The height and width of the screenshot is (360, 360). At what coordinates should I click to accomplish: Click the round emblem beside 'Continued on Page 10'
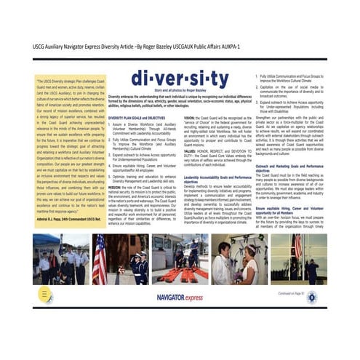pyautogui.click(x=311, y=296)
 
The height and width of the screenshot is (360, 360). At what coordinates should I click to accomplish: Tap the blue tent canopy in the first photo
pyautogui.click(x=46, y=241)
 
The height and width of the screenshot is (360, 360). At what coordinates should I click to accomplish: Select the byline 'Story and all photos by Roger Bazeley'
pyautogui.click(x=166, y=91)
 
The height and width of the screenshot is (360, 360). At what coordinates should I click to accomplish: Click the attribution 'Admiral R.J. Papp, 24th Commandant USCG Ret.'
pyautogui.click(x=65, y=219)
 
